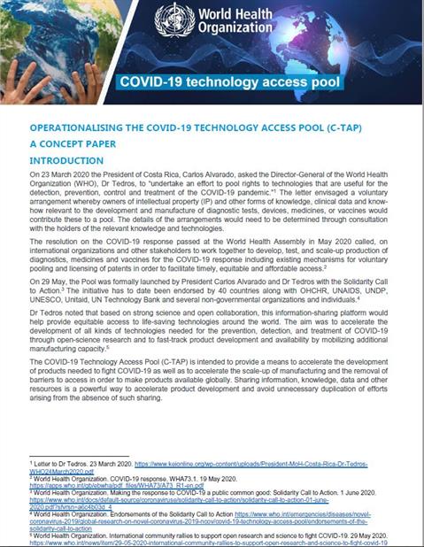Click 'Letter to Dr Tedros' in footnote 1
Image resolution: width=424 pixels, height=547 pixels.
61,463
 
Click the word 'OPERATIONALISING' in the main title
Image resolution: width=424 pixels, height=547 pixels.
81,128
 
